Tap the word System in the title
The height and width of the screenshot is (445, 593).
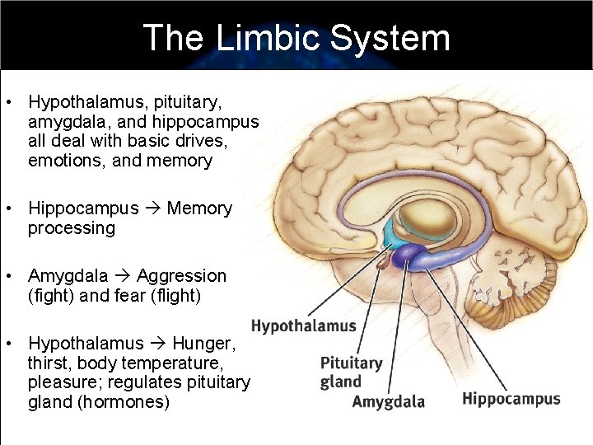tap(390, 38)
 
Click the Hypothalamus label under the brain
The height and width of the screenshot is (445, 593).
tap(303, 326)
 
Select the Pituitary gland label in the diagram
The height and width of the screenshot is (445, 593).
tap(352, 372)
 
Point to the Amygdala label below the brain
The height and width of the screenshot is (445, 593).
tap(389, 402)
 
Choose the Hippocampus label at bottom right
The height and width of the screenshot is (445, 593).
tap(511, 400)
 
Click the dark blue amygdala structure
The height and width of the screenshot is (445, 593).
tap(406, 256)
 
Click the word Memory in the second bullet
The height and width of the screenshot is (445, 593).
tap(199, 208)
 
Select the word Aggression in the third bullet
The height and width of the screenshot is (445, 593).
tap(181, 276)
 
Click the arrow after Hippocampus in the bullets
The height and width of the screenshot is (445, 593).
tap(153, 208)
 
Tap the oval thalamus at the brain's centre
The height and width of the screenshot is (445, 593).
tap(428, 221)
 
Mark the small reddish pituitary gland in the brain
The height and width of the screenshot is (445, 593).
tap(382, 265)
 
